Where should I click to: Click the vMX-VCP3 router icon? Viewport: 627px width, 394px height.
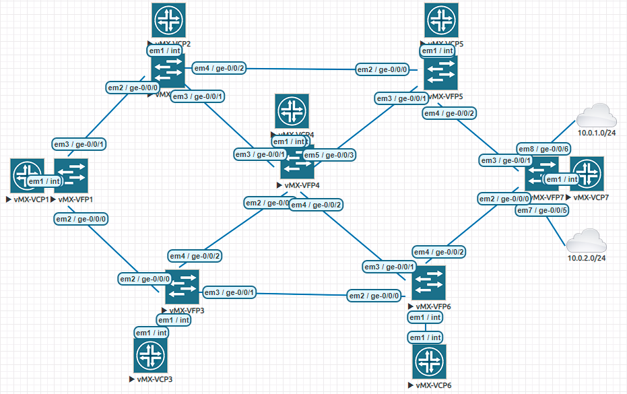click(150, 355)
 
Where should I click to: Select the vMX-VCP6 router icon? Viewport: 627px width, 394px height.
click(429, 362)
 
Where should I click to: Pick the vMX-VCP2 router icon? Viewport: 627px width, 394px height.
click(168, 20)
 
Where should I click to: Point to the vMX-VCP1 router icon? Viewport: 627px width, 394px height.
click(28, 176)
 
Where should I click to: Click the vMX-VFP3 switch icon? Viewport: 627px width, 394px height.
click(183, 286)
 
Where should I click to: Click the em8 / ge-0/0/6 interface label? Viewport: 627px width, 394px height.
click(545, 148)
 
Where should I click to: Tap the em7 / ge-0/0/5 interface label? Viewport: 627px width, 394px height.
click(543, 211)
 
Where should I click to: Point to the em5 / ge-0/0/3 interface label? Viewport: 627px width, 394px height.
click(329, 155)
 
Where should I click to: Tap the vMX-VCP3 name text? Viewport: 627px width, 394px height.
click(154, 380)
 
